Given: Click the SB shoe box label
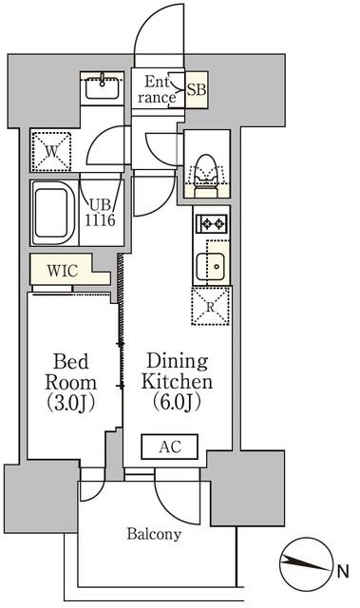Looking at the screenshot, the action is (197, 90).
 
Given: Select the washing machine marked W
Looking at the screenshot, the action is (51, 152).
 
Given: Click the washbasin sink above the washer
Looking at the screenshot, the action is (102, 88).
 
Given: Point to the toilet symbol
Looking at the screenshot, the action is (205, 176).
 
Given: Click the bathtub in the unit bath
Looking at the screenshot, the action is (53, 213).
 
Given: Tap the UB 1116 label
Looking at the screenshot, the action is (100, 213).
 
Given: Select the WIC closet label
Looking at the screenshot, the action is (63, 271).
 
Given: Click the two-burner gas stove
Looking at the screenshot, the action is (211, 223).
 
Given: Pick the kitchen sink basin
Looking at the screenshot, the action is (210, 267).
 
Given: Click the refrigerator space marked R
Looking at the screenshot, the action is (211, 306).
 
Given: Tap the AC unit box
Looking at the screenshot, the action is (169, 446).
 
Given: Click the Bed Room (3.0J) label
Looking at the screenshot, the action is (70, 382).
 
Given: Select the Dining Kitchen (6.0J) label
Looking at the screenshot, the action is (177, 382).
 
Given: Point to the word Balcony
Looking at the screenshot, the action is (154, 534).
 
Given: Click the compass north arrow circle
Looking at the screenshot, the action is (307, 564).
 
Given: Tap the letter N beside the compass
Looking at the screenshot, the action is (343, 571).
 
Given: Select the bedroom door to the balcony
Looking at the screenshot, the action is (94, 484).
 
